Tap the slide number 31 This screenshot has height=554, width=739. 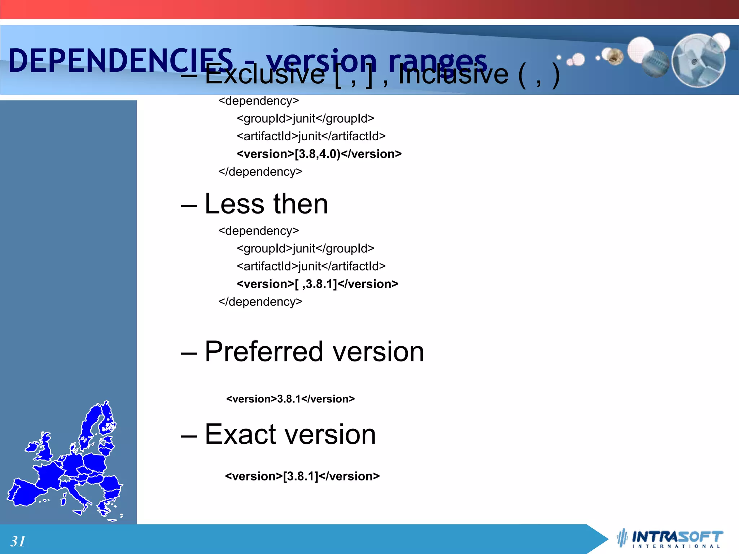click(18, 541)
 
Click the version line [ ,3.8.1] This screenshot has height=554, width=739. click(318, 284)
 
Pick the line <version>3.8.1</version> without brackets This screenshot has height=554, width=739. click(290, 399)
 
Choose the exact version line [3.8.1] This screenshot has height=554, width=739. click(302, 476)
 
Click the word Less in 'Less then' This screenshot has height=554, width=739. click(235, 204)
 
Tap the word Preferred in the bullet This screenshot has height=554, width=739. click(263, 352)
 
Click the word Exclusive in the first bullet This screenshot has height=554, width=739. click(265, 75)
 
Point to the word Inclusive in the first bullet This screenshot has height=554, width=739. click(453, 75)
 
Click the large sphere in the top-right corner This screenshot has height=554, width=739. click(698, 60)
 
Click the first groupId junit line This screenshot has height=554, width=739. click(306, 118)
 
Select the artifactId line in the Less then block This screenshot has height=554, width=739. click(311, 266)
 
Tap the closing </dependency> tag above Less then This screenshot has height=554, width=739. click(260, 172)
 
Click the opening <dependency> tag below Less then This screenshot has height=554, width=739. click(258, 231)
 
